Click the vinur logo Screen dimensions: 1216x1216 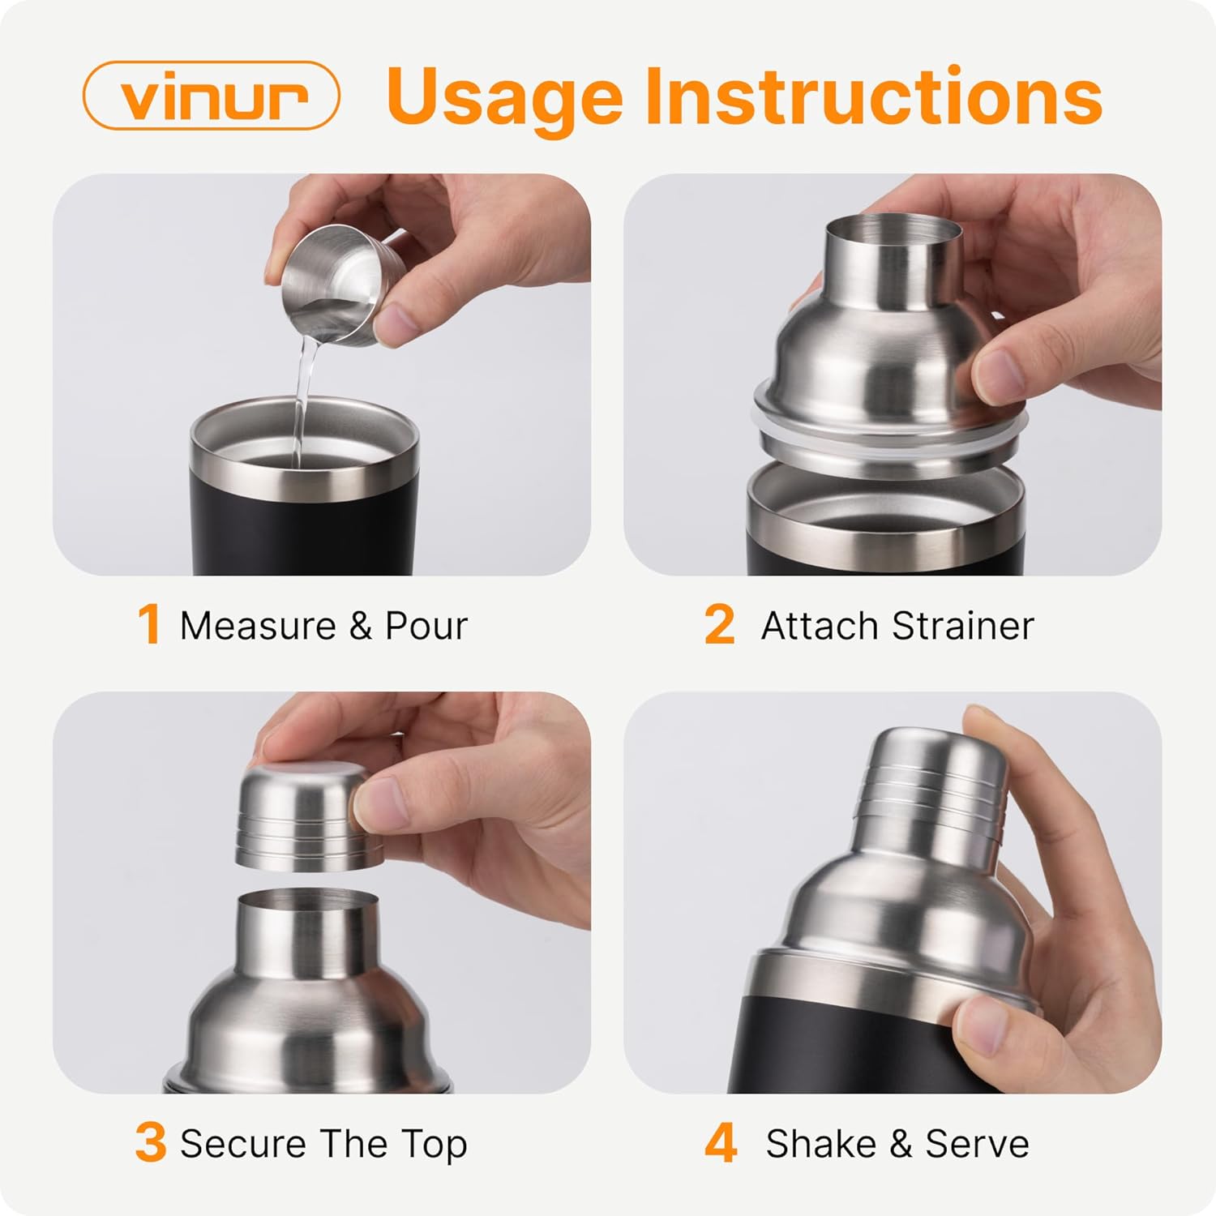[211, 96]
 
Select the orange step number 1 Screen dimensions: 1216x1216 [148, 625]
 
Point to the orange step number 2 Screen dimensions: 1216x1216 [718, 625]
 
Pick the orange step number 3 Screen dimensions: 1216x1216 [150, 1143]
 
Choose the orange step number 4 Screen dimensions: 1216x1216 [720, 1143]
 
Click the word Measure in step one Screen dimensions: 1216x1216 [258, 626]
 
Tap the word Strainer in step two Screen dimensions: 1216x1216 [962, 626]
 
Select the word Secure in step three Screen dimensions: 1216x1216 [243, 1144]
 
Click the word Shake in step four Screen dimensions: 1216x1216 [820, 1144]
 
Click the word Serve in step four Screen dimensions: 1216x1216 [977, 1144]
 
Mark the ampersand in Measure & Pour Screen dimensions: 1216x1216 [360, 626]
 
